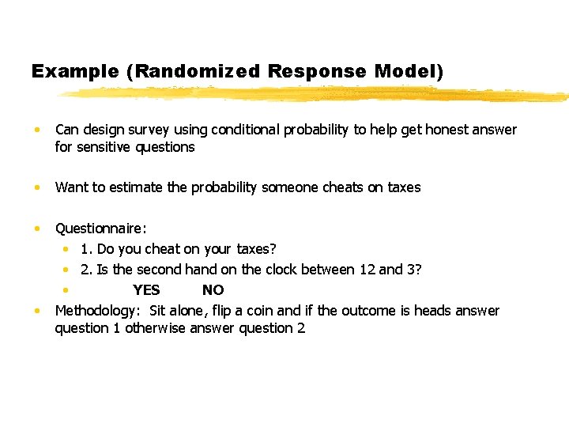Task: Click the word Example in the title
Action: point(74,71)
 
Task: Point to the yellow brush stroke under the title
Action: point(316,94)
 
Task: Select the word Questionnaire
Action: point(100,229)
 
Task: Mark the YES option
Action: point(146,290)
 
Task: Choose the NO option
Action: point(213,290)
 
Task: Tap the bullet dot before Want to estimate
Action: point(37,188)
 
